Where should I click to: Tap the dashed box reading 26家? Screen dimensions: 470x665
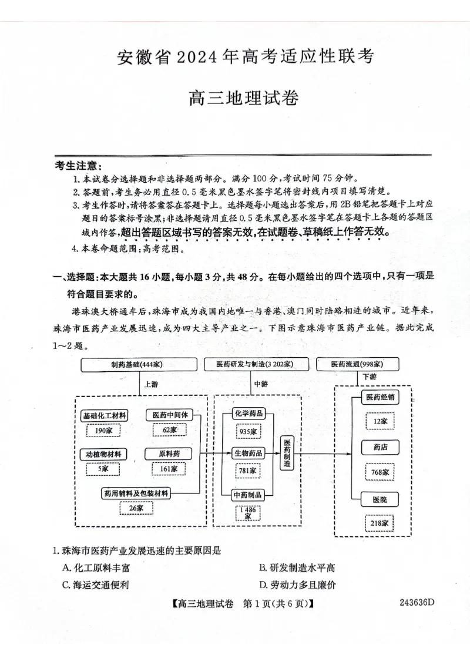[136, 508]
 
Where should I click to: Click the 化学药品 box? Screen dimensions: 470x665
[248, 413]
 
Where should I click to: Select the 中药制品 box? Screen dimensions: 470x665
[248, 495]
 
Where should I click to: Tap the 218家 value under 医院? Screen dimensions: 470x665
[380, 523]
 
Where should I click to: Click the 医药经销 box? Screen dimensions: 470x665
[380, 398]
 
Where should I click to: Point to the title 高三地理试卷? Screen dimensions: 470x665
[243, 98]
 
